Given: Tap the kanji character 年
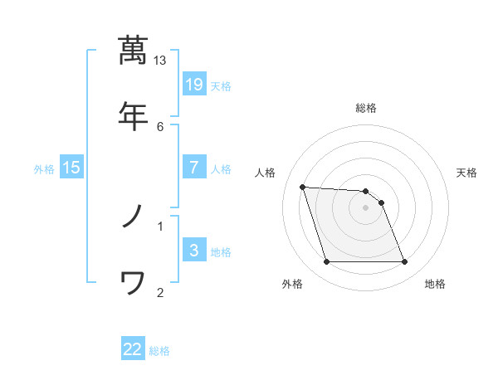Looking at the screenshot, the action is click(x=133, y=115).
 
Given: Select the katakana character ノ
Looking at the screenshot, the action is click(x=133, y=217).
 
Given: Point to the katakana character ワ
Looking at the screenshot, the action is click(x=133, y=285).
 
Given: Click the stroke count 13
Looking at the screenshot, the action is click(x=160, y=60).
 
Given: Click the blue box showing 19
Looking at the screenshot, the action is click(x=194, y=84).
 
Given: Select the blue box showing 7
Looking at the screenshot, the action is click(x=194, y=167).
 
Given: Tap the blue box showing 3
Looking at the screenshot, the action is click(x=194, y=251).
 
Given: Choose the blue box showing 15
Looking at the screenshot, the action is click(x=71, y=168).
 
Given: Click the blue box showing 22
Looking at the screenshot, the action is click(x=133, y=349).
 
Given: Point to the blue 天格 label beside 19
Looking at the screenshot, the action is click(x=221, y=85).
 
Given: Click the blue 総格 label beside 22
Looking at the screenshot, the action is click(x=159, y=351).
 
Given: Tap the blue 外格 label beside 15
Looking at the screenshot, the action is click(x=44, y=169).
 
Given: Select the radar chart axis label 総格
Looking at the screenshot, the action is click(x=366, y=108).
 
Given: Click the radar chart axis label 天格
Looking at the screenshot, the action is click(x=467, y=173).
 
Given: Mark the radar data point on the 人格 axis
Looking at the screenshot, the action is click(x=303, y=187).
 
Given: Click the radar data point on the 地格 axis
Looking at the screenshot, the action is click(x=405, y=262).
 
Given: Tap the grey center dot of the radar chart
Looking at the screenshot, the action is click(x=366, y=207).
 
